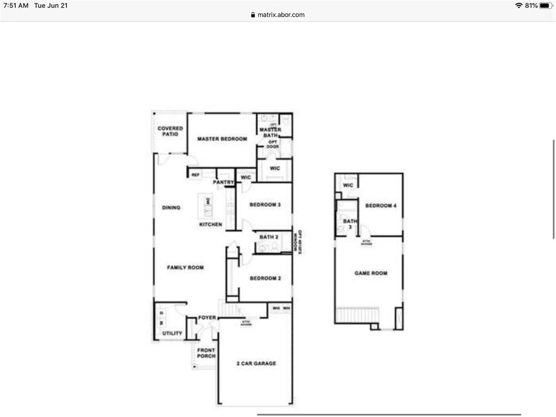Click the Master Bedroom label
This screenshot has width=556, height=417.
222,139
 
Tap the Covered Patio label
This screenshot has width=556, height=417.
170,131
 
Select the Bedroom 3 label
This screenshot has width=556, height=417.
265,205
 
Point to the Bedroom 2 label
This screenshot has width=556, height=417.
265,279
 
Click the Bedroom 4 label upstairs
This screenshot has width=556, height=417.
381,206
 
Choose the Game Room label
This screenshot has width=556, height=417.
371,273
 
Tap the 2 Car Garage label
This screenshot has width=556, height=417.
256,363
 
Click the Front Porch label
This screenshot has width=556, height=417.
206,353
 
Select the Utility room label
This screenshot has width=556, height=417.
172,333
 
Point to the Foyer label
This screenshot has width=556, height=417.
207,318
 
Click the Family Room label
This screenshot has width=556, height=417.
185,268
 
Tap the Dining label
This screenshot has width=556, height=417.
171,208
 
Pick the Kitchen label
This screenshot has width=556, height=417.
211,224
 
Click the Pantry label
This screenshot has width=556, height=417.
223,182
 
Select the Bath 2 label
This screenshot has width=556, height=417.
269,237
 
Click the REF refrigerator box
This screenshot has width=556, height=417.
195,175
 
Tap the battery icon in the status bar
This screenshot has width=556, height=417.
545,5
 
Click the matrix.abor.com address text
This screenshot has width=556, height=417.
280,15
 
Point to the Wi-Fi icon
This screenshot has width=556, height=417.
519,5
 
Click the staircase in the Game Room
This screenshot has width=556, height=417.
357,315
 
